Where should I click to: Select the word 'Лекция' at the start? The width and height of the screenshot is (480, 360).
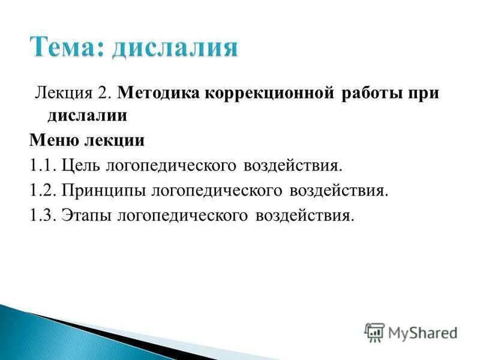pyautogui.click(x=57, y=94)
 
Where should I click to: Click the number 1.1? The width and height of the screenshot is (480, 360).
pyautogui.click(x=43, y=165)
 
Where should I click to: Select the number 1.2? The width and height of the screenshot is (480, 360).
pyautogui.click(x=43, y=190)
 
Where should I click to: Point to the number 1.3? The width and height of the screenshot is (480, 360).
pyautogui.click(x=43, y=215)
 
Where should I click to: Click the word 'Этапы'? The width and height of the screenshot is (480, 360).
pyautogui.click(x=85, y=215)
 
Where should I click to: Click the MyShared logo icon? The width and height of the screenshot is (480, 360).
pyautogui.click(x=374, y=332)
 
